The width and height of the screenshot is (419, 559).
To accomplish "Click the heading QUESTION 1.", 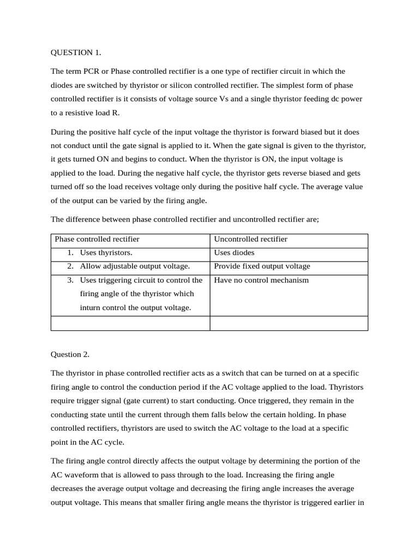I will pyautogui.click(x=76, y=52).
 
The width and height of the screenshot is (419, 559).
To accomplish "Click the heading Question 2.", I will pyautogui.click(x=70, y=354).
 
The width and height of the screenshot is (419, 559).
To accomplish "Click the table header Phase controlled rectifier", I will pyautogui.click(x=97, y=239).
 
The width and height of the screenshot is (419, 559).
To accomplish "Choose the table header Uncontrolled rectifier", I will pyautogui.click(x=250, y=239).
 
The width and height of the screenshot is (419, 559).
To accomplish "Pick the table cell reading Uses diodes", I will pyautogui.click(x=234, y=253).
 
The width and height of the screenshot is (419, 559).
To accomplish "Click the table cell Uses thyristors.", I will pyautogui.click(x=106, y=253).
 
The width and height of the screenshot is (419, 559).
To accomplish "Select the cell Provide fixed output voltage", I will pyautogui.click(x=262, y=266).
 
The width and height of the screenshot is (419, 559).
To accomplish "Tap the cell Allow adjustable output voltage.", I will pyautogui.click(x=135, y=266).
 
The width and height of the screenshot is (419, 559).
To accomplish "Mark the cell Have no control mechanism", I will pyautogui.click(x=261, y=280).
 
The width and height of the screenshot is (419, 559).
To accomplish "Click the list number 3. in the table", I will pyautogui.click(x=70, y=280).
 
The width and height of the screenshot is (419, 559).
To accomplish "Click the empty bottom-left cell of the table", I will pyautogui.click(x=130, y=323).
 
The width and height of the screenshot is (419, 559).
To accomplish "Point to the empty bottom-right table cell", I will pyautogui.click(x=289, y=323).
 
